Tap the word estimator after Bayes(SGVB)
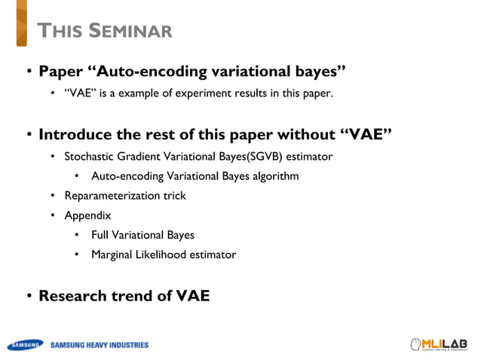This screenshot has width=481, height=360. point(308,157)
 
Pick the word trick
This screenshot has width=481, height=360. point(173,196)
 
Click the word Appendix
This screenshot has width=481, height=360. point(87,215)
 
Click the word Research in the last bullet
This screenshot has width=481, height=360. point(71,295)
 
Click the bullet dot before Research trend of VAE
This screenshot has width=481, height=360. point(29,296)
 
